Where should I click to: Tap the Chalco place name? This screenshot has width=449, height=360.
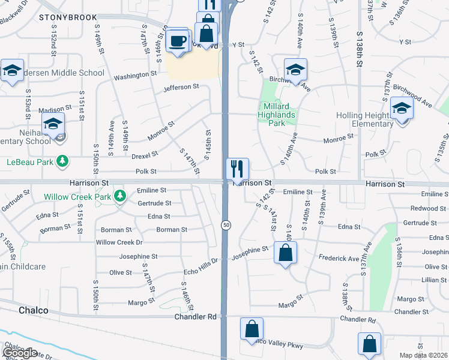32,311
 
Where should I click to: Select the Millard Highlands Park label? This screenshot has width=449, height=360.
277,115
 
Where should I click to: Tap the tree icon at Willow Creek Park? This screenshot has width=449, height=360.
120,196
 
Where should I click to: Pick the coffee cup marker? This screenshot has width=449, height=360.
178,41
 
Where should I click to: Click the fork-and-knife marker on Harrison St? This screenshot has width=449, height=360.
237,169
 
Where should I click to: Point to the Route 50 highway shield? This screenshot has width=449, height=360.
226,224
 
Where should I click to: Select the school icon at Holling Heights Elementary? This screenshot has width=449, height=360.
401,109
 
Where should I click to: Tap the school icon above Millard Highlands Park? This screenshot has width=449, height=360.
295,70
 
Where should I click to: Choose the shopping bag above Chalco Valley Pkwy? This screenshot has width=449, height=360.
252,329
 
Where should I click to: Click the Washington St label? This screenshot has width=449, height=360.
135,76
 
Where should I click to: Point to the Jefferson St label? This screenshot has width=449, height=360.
181,87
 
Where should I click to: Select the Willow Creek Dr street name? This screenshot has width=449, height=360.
119,242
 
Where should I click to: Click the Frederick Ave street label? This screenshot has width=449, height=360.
339,259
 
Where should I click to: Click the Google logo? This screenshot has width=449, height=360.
20,353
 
